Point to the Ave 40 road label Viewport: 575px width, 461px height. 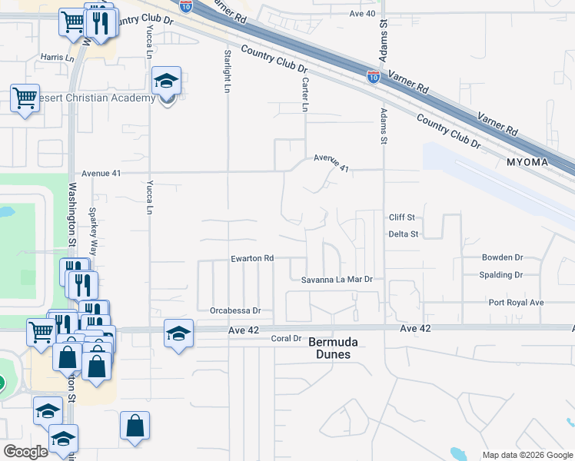(x=361, y=14)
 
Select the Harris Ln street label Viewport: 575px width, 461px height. (x=58, y=58)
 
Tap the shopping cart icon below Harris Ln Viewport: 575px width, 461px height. (x=25, y=99)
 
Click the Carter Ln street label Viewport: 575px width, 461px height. (x=304, y=95)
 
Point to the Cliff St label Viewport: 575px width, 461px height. (x=401, y=217)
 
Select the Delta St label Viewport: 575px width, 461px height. (x=403, y=234)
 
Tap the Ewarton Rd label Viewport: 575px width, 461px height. (x=253, y=259)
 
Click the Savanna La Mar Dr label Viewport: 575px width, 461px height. (x=337, y=280)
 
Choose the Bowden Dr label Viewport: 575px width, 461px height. (x=502, y=258)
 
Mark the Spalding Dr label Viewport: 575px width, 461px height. (x=500, y=275)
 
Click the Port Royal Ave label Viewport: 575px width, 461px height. (x=516, y=303)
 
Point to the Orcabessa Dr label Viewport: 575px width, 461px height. (x=235, y=311)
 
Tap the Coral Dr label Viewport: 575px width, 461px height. (x=285, y=338)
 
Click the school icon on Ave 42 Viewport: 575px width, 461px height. (x=178, y=334)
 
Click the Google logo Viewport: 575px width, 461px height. (x=26, y=452)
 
